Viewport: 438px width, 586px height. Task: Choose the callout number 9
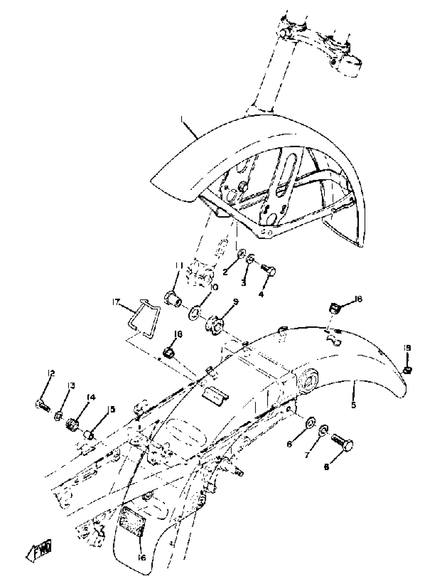pyautogui.click(x=235, y=302)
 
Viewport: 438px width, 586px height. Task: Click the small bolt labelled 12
pyautogui.click(x=42, y=406)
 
